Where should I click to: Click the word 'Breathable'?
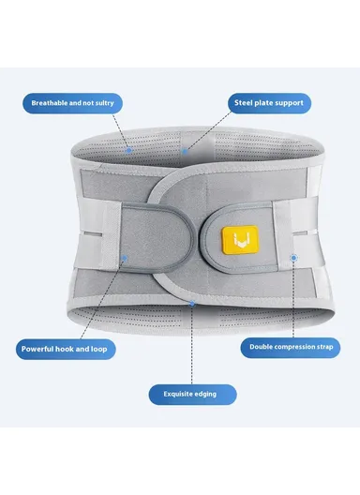pos(49,101)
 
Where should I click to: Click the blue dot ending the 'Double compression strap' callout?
pos(293,256)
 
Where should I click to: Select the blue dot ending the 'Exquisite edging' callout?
pos(190,303)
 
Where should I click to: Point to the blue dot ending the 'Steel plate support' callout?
pos(184,149)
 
